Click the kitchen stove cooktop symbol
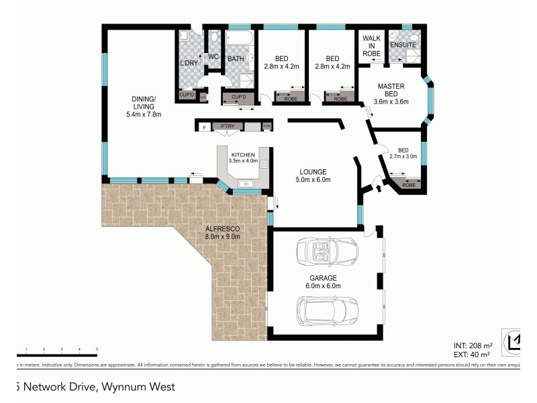click(264, 164)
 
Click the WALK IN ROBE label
click(371, 44)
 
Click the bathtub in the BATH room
click(239, 40)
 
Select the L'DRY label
click(188, 63)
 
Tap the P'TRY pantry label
click(222, 126)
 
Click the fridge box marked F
click(203, 126)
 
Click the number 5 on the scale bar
click(97, 350)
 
